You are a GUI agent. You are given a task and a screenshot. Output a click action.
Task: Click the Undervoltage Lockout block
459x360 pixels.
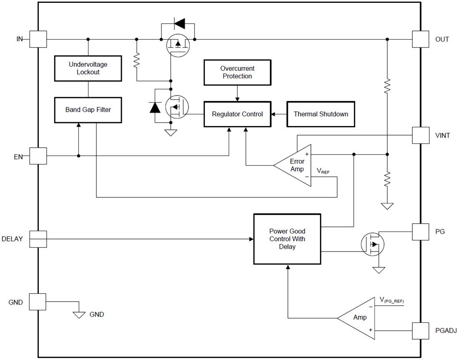point(88,68)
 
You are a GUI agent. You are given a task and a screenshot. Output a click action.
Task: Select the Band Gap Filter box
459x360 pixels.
point(88,110)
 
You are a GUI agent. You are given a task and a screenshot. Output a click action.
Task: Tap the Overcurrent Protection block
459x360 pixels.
point(237,72)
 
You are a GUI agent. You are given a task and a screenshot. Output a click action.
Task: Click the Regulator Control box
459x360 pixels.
point(237,114)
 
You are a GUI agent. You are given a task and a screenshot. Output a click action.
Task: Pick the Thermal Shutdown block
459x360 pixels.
point(320,114)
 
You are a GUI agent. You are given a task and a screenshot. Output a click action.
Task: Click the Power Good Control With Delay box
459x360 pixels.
point(287,239)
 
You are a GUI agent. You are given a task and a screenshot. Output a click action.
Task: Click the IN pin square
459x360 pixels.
point(38,39)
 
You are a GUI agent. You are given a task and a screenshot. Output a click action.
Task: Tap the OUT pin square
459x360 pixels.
point(420,39)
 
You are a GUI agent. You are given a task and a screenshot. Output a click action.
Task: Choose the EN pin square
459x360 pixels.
point(38,156)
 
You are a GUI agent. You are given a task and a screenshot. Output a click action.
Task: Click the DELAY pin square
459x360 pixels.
point(38,239)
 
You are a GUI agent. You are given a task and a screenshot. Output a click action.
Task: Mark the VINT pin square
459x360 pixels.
point(420,135)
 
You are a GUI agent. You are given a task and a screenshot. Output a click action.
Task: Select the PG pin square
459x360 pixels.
point(420,232)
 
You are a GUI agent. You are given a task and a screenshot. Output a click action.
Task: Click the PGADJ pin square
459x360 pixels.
point(420,330)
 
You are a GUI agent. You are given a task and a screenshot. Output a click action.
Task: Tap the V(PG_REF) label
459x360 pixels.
point(391,300)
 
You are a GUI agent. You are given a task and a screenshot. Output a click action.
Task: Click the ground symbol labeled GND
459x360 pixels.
point(78,315)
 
